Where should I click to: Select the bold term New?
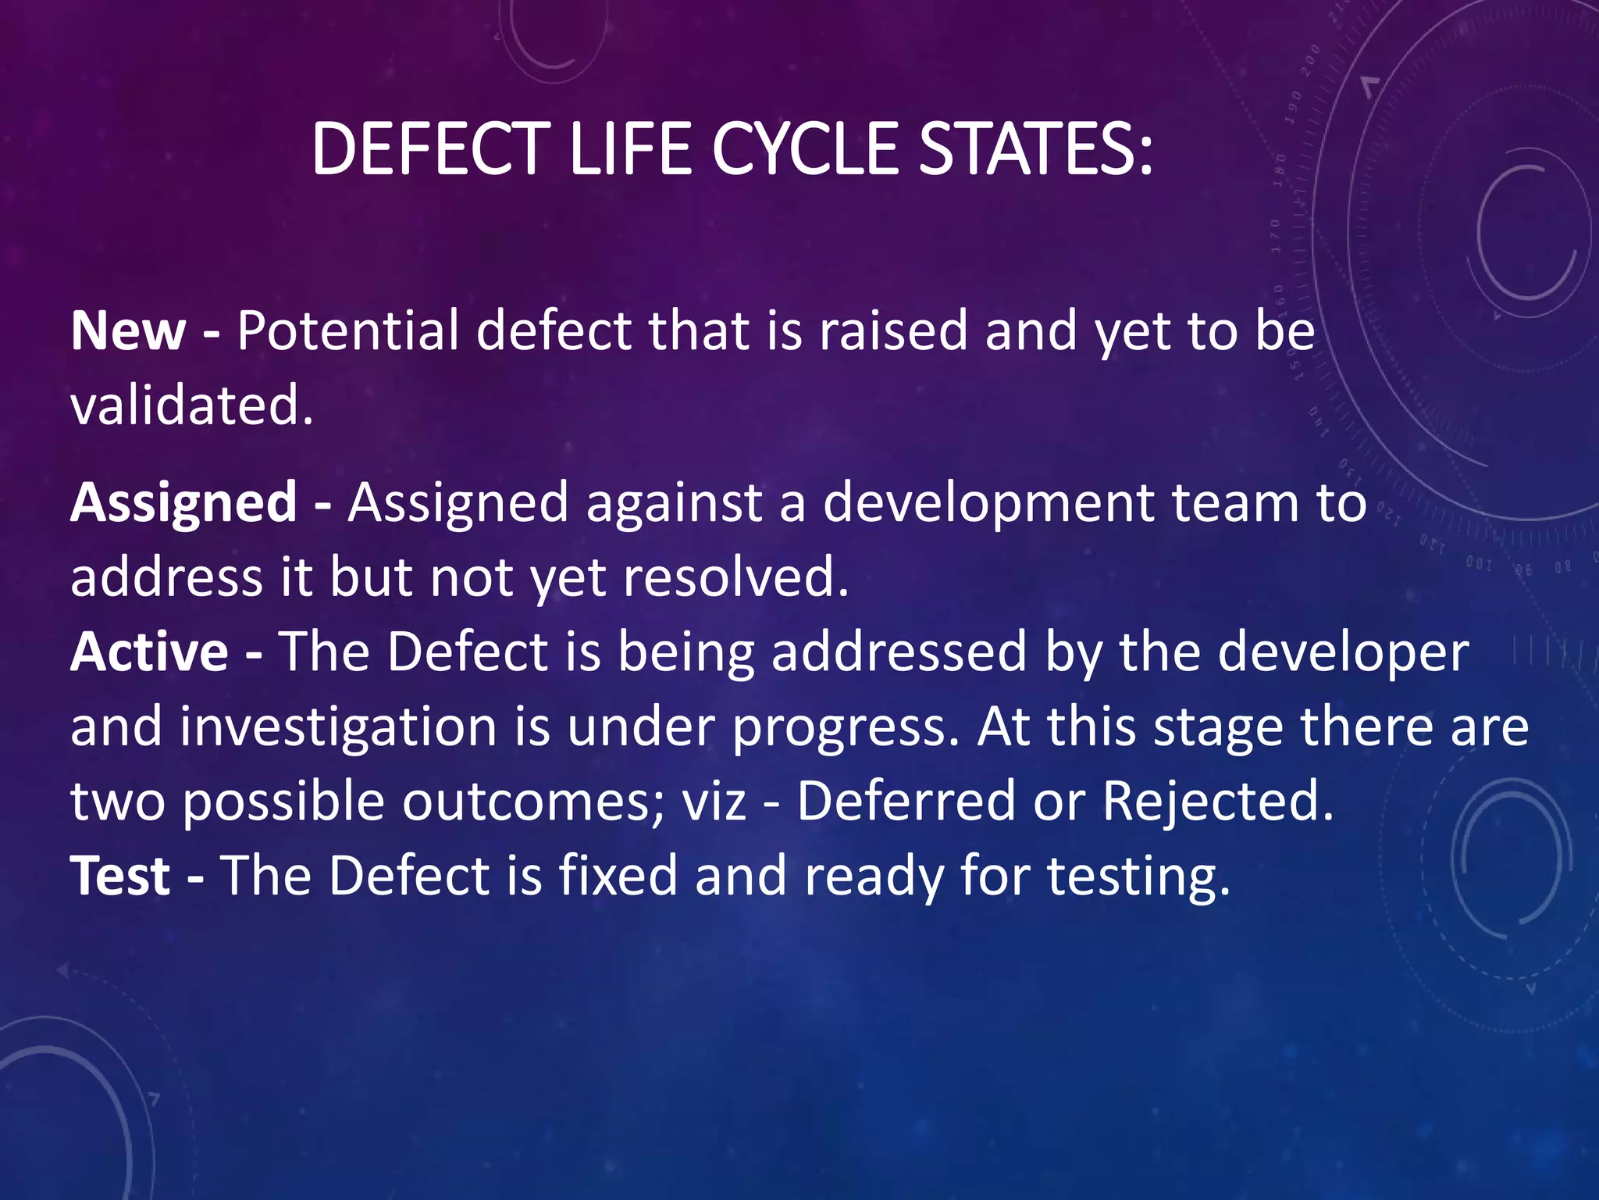128,330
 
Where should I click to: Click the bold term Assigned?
183,502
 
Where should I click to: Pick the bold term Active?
149,652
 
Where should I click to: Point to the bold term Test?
120,875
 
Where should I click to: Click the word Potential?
347,330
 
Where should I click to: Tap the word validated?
191,405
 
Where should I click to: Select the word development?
988,502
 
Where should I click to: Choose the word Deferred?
906,801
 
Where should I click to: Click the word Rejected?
1217,801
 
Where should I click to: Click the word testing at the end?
1138,875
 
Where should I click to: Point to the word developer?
1343,652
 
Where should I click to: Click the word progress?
845,727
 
